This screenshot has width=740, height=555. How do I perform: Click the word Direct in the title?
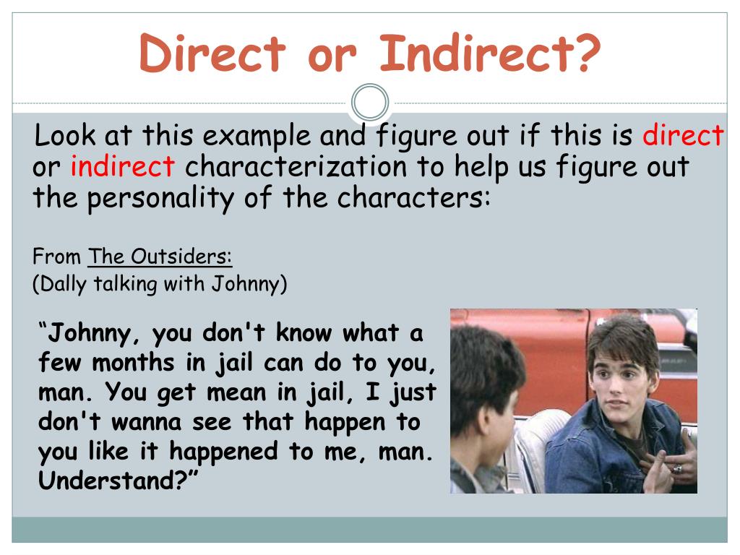click(x=212, y=53)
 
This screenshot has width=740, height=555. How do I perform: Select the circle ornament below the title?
click(x=370, y=103)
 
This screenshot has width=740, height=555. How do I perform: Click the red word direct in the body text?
click(x=683, y=135)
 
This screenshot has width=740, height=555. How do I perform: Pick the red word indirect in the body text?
click(x=123, y=166)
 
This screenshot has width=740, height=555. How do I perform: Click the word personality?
click(x=160, y=198)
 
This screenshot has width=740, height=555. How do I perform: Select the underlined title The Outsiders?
click(x=160, y=257)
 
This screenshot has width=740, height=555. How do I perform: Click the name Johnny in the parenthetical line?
click(x=246, y=283)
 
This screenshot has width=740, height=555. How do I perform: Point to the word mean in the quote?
click(x=236, y=392)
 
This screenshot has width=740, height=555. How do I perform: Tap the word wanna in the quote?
click(x=146, y=422)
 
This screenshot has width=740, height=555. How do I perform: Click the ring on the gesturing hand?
click(x=676, y=469)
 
